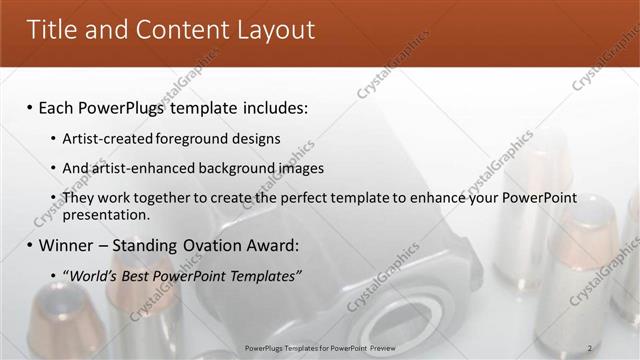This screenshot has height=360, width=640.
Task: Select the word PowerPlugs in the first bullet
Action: click(x=128, y=107)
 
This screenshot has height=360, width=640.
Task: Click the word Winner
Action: click(x=67, y=245)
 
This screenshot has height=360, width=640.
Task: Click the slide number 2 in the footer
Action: click(x=589, y=348)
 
